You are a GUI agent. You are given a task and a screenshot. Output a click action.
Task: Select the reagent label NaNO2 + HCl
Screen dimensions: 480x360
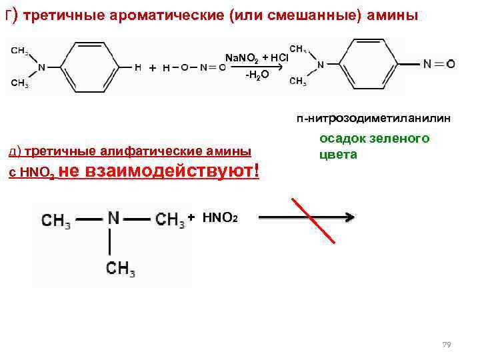(256, 58)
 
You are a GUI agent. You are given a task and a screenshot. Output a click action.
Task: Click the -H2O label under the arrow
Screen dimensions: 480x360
(257, 75)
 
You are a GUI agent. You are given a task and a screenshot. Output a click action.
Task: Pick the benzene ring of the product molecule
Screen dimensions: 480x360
(371, 65)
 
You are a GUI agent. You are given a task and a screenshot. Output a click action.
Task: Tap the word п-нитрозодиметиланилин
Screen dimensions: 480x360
(373, 118)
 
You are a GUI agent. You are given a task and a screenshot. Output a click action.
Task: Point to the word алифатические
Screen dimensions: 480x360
(137, 151)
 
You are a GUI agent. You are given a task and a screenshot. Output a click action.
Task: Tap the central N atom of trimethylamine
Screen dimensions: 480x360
(113, 219)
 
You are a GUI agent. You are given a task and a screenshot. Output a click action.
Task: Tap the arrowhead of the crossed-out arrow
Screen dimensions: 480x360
(347, 217)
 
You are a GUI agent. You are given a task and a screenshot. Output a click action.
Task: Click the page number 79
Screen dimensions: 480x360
(447, 345)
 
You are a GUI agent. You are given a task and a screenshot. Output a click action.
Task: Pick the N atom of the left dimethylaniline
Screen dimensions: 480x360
(42, 67)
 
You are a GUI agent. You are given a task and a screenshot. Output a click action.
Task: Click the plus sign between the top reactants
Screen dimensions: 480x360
(153, 68)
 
